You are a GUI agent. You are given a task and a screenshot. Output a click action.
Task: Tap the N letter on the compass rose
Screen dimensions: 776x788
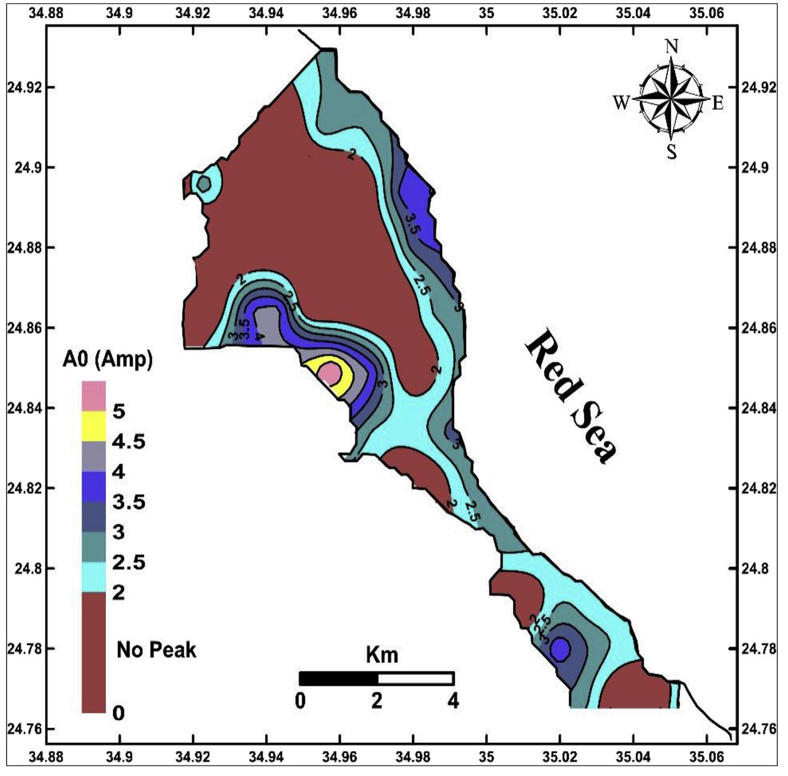[x=672, y=47]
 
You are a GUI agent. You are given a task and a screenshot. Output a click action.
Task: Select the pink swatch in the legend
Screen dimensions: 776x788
[x=94, y=396]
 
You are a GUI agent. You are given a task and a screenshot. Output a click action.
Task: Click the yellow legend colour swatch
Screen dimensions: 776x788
[x=94, y=426]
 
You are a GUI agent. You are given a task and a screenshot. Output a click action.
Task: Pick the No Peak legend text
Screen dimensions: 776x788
[x=156, y=650]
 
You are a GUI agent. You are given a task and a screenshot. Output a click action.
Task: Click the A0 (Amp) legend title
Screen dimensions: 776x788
[x=107, y=360]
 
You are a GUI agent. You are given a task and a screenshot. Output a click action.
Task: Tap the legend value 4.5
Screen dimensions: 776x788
[x=129, y=441]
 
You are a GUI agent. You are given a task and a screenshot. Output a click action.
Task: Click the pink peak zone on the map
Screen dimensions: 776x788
[x=329, y=373]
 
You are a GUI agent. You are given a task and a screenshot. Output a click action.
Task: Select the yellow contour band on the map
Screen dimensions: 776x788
[x=337, y=387]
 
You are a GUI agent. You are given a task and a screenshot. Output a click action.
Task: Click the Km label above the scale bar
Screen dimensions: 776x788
[x=382, y=654]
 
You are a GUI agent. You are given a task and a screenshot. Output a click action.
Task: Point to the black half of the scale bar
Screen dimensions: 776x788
[x=338, y=678]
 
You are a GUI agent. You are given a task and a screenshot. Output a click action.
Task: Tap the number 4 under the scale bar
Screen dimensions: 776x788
[x=453, y=700]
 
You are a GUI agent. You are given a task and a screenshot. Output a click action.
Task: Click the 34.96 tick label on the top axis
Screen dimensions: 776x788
[x=339, y=12]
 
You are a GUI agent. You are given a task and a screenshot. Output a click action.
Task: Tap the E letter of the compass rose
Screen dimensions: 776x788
[x=718, y=103]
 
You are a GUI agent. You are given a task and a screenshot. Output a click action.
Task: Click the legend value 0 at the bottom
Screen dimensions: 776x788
[x=118, y=712]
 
